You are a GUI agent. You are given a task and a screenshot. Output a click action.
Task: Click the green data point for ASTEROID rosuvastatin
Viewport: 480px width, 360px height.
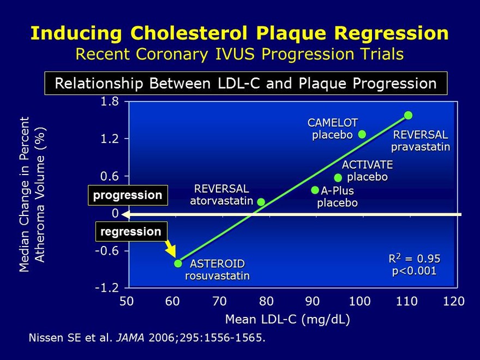coord(178,263)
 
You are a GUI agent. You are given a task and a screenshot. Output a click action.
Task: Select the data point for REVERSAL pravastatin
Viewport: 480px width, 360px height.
coord(408,115)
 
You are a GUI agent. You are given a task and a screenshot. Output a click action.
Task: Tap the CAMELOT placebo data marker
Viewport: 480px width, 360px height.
coord(362,134)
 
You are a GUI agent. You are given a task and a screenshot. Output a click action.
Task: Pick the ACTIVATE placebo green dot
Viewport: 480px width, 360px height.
coord(338,177)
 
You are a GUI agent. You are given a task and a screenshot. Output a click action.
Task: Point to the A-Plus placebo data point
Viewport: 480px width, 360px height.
coord(315,190)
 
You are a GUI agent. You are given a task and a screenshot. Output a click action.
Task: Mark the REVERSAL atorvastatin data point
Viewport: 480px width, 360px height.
coord(261,202)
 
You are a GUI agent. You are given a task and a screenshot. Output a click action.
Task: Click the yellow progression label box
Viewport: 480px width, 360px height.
coord(128,195)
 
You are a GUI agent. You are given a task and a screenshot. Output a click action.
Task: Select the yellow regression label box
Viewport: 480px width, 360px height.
coord(131,231)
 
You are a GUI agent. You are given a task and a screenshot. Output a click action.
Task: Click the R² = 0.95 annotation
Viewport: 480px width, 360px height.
coord(414,258)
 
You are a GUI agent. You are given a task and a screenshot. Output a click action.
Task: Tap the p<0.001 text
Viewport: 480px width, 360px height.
coord(414,271)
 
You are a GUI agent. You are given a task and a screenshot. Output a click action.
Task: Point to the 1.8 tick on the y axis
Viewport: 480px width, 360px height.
coord(110,102)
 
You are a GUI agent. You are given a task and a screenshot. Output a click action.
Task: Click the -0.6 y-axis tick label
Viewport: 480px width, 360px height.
coord(107,251)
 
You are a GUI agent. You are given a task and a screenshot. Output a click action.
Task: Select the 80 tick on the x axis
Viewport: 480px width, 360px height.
coord(266,301)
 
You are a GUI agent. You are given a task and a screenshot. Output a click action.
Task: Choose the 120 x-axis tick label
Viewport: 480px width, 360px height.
coord(454,301)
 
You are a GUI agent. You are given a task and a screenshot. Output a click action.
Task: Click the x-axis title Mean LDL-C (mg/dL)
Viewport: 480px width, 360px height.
coord(287,319)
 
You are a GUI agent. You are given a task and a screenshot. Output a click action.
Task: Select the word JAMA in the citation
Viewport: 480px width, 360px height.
coord(130,339)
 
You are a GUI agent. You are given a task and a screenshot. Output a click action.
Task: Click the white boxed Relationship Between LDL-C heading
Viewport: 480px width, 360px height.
coord(246,83)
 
